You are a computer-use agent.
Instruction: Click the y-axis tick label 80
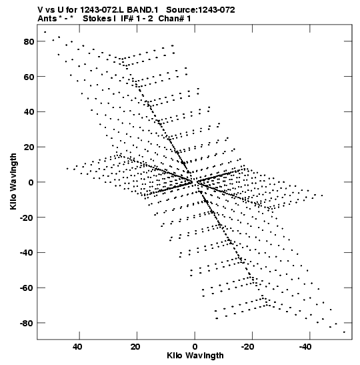(29, 41)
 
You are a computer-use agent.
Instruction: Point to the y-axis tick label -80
(27, 324)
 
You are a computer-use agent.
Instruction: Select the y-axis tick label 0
(31, 183)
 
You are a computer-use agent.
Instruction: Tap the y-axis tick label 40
(29, 112)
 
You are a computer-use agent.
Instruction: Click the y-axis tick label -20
(27, 218)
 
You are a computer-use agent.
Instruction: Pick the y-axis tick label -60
(27, 288)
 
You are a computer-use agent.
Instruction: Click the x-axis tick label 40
(77, 347)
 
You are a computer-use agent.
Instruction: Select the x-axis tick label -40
(305, 347)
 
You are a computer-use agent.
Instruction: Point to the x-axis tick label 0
(195, 347)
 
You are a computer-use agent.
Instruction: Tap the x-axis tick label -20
(247, 347)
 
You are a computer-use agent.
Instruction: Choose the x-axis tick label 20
(135, 347)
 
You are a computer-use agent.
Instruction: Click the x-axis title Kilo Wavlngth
(195, 356)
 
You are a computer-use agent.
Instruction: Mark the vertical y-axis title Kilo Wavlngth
(13, 181)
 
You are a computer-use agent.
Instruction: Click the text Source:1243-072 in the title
(201, 10)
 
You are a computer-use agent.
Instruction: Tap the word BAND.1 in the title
(143, 10)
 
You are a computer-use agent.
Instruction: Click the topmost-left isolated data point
(45, 32)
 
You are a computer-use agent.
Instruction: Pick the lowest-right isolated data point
(344, 332)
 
